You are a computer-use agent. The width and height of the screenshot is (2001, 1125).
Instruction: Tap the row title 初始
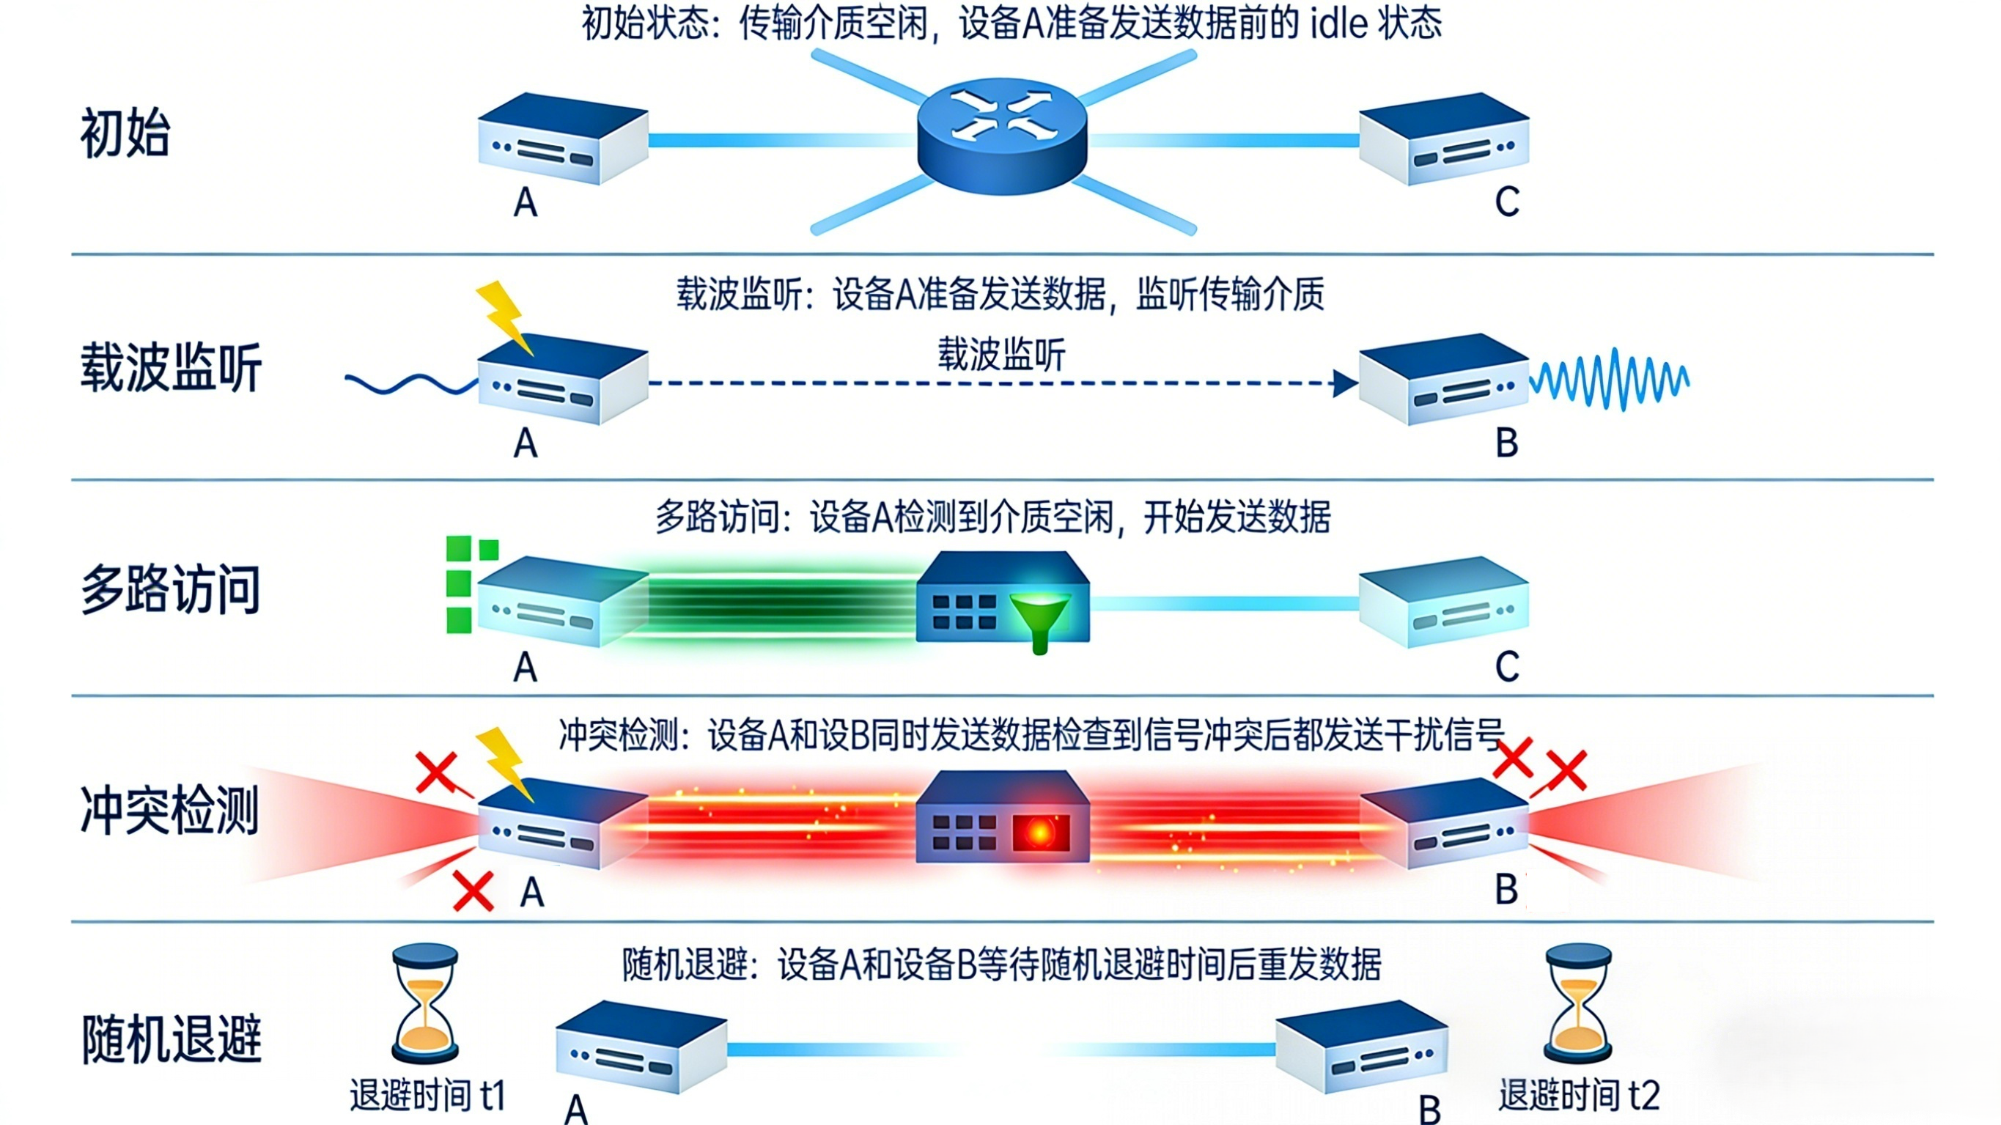(x=125, y=133)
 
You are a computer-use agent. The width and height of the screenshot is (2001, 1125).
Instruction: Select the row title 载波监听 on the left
(x=171, y=367)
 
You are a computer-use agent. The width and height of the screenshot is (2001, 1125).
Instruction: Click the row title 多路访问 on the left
(x=171, y=590)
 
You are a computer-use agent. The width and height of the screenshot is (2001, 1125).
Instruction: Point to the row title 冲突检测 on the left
(x=169, y=811)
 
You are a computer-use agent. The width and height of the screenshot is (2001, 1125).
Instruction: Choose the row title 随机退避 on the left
(x=172, y=1039)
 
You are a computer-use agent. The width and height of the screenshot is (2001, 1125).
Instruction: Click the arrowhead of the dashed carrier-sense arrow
(x=1346, y=383)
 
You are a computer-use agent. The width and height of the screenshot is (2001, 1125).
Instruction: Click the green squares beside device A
(x=466, y=583)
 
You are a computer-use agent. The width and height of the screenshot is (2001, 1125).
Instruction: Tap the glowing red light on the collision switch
(x=1040, y=833)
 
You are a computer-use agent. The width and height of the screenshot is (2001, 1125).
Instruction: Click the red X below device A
(x=473, y=891)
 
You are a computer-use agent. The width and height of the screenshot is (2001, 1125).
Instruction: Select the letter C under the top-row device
(x=1507, y=202)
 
